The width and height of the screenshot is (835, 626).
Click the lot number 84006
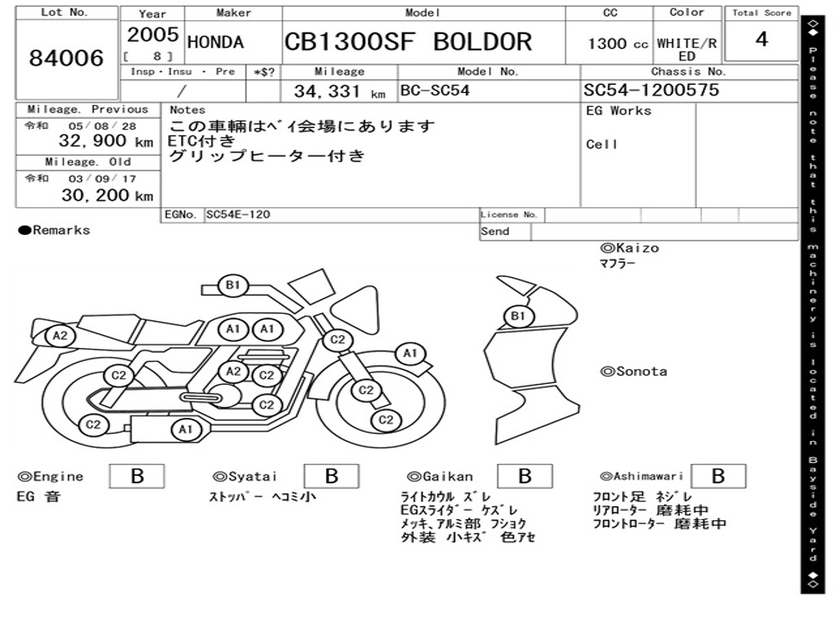tap(67, 58)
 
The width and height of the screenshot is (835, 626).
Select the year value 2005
tap(152, 34)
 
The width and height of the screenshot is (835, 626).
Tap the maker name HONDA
tap(215, 42)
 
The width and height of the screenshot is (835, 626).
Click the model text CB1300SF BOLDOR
tap(409, 42)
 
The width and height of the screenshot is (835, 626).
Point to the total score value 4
tap(762, 39)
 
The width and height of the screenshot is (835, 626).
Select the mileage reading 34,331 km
tap(340, 91)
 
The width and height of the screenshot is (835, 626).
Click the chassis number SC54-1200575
tap(652, 90)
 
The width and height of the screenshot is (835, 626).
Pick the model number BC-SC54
tap(435, 90)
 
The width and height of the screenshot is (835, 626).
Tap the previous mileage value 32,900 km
tap(106, 141)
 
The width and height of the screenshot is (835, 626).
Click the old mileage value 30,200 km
tap(108, 196)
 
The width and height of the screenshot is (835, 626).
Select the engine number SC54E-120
tap(238, 214)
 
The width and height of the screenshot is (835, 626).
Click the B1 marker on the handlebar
tap(232, 285)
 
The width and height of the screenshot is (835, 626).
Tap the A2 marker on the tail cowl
tap(60, 336)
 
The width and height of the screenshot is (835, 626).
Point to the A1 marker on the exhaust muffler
tap(185, 430)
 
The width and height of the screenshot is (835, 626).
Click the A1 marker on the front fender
tap(409, 354)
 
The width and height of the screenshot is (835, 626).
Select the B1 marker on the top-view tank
tap(518, 316)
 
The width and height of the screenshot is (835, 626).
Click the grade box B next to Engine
tap(137, 476)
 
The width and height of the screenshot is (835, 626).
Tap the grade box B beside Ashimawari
tap(718, 476)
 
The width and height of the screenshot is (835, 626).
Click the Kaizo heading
tap(630, 248)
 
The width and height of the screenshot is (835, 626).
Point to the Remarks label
tap(55, 230)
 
